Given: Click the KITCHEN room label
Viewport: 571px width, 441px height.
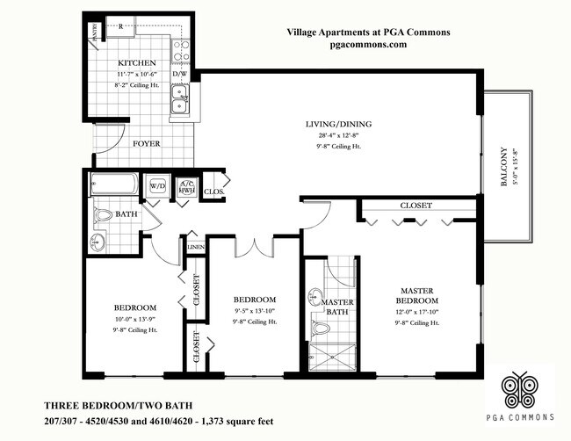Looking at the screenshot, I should tap(137, 64).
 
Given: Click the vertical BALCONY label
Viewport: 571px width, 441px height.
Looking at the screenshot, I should tap(504, 166).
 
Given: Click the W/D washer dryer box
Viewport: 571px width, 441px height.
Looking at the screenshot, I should tap(158, 186).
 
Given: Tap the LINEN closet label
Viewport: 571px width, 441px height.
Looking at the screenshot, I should tap(195, 249).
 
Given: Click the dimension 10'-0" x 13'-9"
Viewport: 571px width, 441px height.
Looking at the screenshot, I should tap(134, 319).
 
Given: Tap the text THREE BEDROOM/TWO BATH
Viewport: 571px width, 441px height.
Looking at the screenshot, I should tap(105, 406).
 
